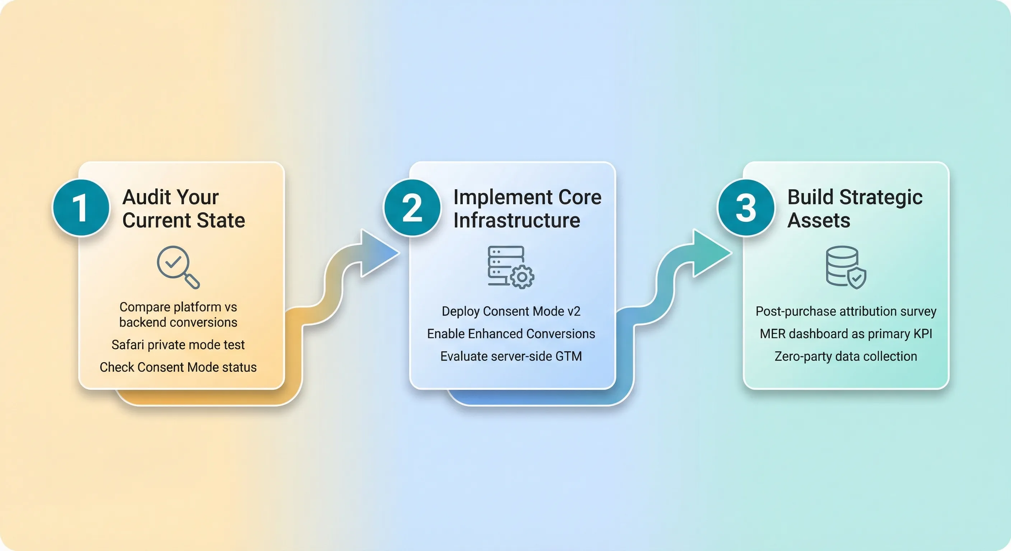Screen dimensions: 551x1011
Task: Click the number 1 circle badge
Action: [x=81, y=207]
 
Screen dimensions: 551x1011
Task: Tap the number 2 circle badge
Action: [x=412, y=207]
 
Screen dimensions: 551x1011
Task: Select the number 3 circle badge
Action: [x=746, y=207]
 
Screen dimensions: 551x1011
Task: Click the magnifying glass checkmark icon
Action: [x=178, y=267]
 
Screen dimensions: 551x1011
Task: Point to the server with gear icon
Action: [x=511, y=267]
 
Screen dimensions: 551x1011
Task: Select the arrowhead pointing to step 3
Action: [x=709, y=253]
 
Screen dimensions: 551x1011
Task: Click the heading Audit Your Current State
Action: [x=183, y=208]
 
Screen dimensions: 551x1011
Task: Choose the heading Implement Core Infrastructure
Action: [x=527, y=208]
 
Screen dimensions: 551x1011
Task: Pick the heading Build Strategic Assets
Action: [x=854, y=208]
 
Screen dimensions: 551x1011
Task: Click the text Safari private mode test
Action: [x=178, y=345]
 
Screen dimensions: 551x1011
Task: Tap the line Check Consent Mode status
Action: [x=178, y=367]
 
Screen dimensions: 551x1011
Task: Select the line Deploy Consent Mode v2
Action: [x=511, y=311]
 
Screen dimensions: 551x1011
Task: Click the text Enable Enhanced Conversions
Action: [x=511, y=334]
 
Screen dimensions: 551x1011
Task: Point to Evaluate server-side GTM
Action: [x=511, y=356]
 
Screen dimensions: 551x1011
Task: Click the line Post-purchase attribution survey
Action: [x=846, y=311]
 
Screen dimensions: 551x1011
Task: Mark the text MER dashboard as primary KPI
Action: [x=846, y=334]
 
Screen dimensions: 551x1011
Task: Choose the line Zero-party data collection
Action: [x=846, y=356]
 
